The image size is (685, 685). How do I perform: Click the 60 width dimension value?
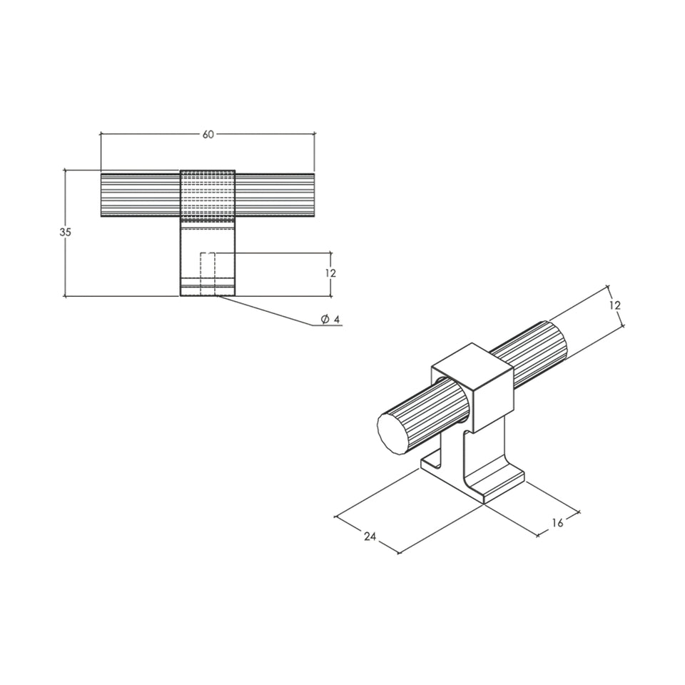(208, 134)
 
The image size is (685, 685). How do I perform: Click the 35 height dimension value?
(65, 233)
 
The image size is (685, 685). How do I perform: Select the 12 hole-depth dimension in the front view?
(330, 273)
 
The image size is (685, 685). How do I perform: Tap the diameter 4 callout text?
(330, 320)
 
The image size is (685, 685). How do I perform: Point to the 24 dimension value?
(370, 536)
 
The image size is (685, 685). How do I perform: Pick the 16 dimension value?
(557, 522)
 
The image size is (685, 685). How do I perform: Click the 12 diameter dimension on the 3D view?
(614, 305)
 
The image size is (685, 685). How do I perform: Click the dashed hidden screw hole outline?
(208, 274)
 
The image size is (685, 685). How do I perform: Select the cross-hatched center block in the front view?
(208, 194)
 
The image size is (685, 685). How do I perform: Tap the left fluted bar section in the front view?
(141, 196)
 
